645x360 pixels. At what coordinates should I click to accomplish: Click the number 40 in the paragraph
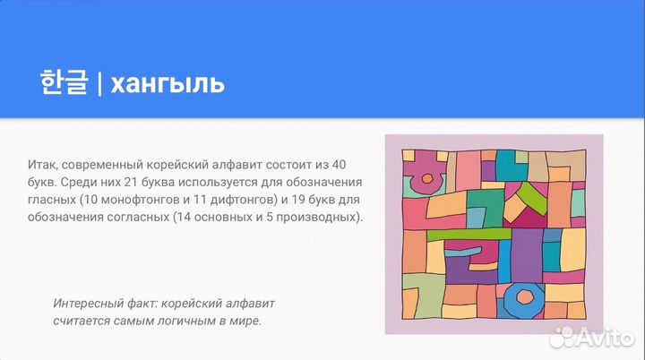[338, 165]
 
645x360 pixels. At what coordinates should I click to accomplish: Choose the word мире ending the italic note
[245, 319]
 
